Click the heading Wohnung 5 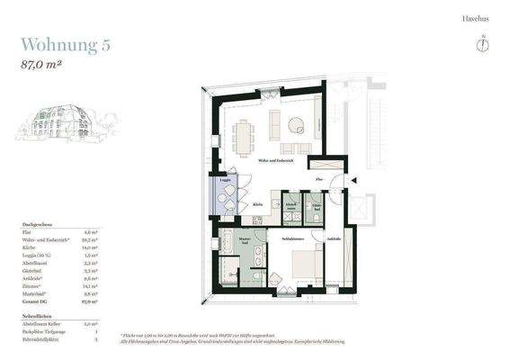[65, 45]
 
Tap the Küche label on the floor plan [257, 203]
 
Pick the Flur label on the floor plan [319, 181]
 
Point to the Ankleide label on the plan [334, 238]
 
